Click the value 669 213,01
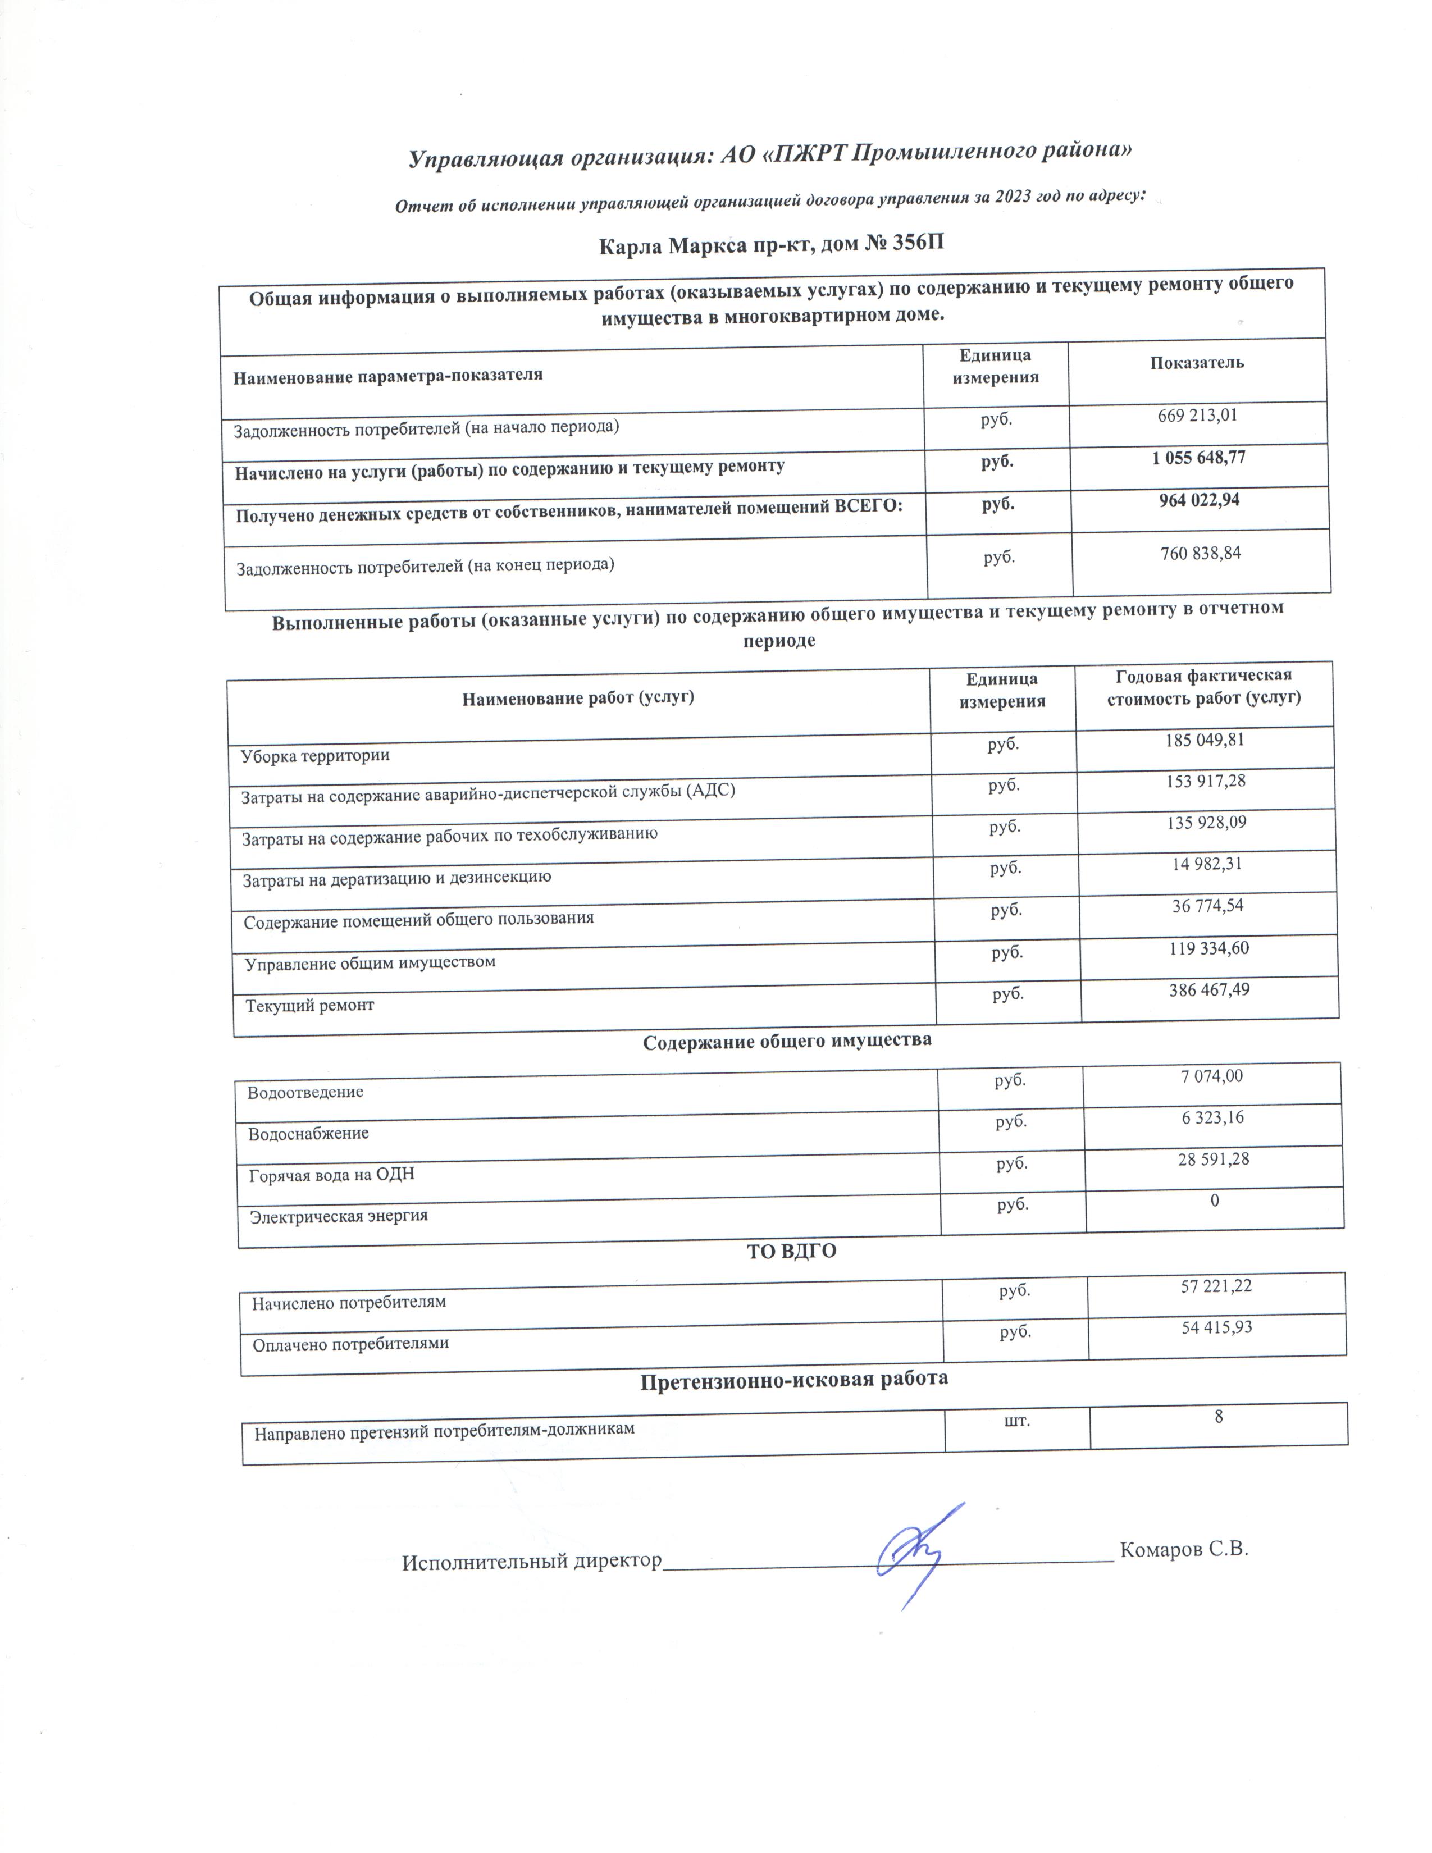(1197, 416)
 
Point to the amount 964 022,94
(1199, 500)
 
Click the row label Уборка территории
(314, 755)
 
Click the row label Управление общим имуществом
(370, 963)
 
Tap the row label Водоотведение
(305, 1092)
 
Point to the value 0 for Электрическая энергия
(1215, 1200)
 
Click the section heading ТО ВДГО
(791, 1250)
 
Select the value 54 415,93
(1216, 1326)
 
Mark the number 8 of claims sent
(1218, 1416)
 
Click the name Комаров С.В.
(1184, 1549)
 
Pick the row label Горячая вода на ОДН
(332, 1175)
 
